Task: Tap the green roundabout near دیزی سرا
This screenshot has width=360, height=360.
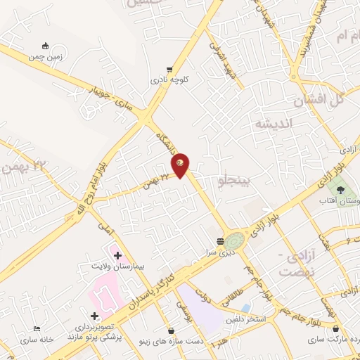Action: pos(235,240)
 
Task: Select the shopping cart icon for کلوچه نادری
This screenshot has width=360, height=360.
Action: pos(169,70)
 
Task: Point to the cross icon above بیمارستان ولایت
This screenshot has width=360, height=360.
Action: pos(117,255)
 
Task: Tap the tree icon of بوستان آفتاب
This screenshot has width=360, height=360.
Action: pos(341,190)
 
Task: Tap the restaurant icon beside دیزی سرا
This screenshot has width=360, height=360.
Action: pos(220,240)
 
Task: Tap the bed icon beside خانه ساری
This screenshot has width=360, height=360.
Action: pos(37,328)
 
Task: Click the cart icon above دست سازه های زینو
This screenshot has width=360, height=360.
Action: pos(171,330)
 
